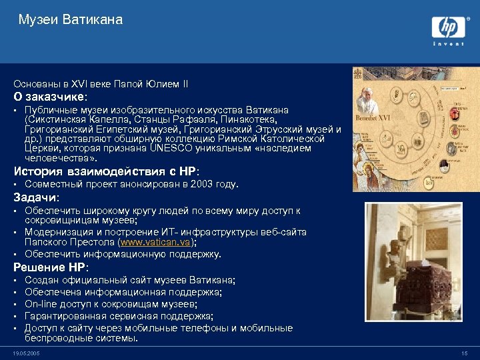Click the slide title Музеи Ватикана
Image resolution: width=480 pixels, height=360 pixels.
(71, 20)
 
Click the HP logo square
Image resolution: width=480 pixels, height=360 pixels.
(447, 27)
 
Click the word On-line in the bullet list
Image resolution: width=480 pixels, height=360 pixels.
(39, 304)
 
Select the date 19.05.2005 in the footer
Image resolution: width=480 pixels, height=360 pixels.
(26, 353)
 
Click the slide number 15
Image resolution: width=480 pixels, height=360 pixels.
(464, 353)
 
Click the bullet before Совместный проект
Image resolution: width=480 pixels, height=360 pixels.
(16, 184)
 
